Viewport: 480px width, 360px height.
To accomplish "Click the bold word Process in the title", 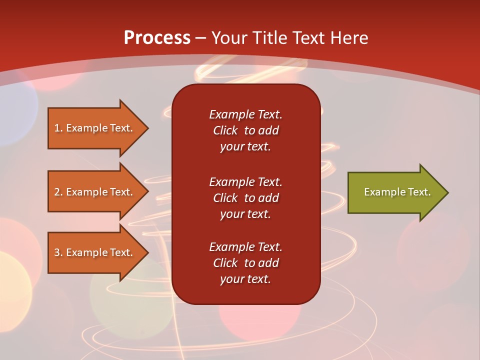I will tap(157, 38).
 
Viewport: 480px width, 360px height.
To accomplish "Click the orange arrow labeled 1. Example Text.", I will tap(95, 128).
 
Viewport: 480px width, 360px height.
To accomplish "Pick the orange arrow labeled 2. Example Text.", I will tap(95, 192).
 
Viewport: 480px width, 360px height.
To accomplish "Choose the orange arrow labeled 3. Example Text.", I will tap(95, 252).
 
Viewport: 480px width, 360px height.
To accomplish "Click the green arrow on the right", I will tap(395, 192).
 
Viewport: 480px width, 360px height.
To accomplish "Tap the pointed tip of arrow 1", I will tap(147, 128).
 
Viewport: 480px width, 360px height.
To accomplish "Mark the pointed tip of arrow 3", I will tap(147, 252).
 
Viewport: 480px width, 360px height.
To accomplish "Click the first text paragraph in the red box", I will tap(245, 130).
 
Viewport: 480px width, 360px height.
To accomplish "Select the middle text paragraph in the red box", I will tap(245, 198).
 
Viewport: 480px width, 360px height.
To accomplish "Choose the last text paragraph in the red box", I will tap(245, 263).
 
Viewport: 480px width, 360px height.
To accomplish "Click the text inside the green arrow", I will tap(397, 192).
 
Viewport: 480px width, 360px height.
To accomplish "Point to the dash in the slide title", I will tap(201, 38).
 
